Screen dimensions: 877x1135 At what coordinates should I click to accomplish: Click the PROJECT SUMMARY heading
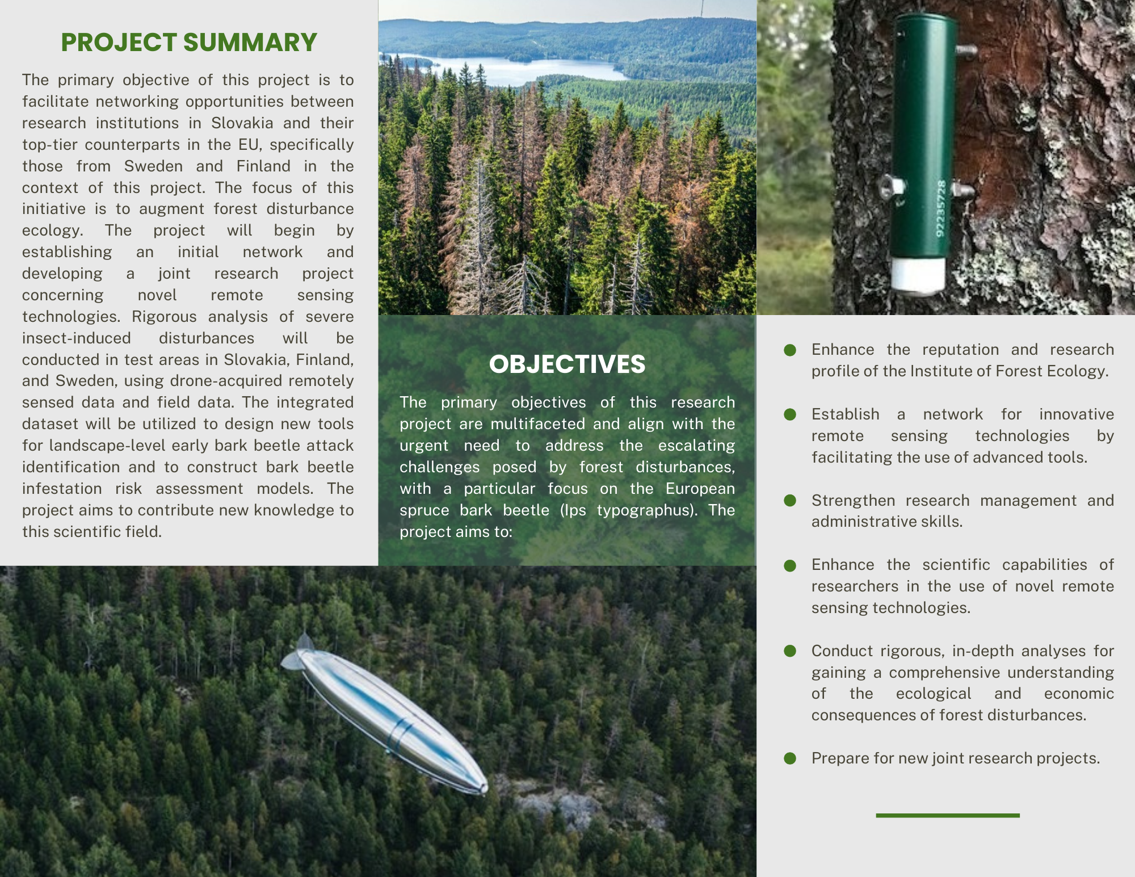[x=188, y=43]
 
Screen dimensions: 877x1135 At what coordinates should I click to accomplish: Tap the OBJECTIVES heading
[x=567, y=364]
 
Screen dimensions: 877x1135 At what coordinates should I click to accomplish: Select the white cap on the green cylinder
[x=918, y=275]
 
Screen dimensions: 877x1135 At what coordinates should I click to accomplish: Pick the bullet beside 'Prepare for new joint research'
[x=790, y=758]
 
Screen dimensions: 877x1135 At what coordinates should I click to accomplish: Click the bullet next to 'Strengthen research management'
[x=790, y=500]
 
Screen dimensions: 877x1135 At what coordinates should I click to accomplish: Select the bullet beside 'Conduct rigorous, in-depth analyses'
[x=790, y=651]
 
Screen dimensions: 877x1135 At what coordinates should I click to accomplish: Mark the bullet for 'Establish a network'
[x=790, y=414]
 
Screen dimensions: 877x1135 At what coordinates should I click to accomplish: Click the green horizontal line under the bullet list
[x=947, y=816]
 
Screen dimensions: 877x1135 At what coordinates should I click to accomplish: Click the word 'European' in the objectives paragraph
[x=700, y=489]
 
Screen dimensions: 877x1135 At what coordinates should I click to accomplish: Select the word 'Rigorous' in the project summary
[x=164, y=317]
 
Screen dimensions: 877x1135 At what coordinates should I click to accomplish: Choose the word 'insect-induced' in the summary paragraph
[x=77, y=338]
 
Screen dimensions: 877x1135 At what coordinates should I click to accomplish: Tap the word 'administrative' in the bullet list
[x=863, y=522]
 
